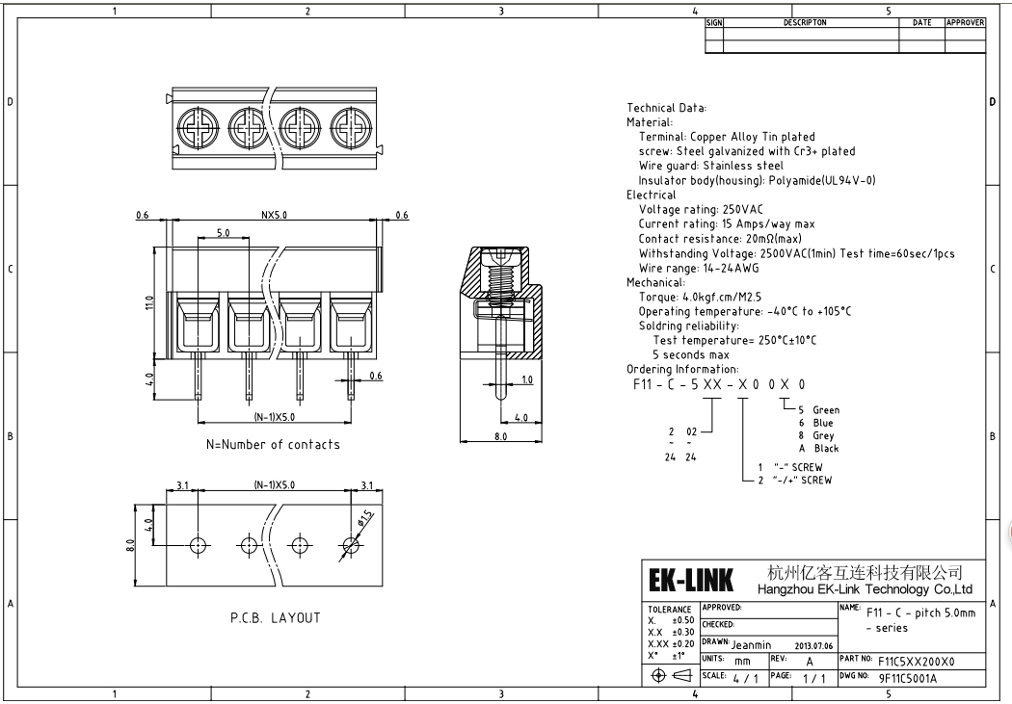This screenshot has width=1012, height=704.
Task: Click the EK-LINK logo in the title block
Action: coord(690,581)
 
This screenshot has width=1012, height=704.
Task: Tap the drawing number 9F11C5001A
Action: coord(907,677)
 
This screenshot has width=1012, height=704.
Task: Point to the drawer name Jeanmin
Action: coord(759,644)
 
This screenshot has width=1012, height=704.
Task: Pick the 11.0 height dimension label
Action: coord(150,303)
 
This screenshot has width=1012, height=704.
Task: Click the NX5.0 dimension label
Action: coord(276,216)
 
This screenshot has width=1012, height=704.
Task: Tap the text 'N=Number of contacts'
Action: coord(273,444)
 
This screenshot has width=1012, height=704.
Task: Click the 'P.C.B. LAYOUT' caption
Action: coord(275,617)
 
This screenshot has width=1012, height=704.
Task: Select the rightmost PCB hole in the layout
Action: coord(350,545)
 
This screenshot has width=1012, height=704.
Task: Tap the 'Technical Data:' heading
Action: coord(667,108)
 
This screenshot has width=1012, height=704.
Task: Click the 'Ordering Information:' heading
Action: coord(682,369)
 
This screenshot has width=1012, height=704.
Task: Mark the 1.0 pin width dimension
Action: coord(526,379)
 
